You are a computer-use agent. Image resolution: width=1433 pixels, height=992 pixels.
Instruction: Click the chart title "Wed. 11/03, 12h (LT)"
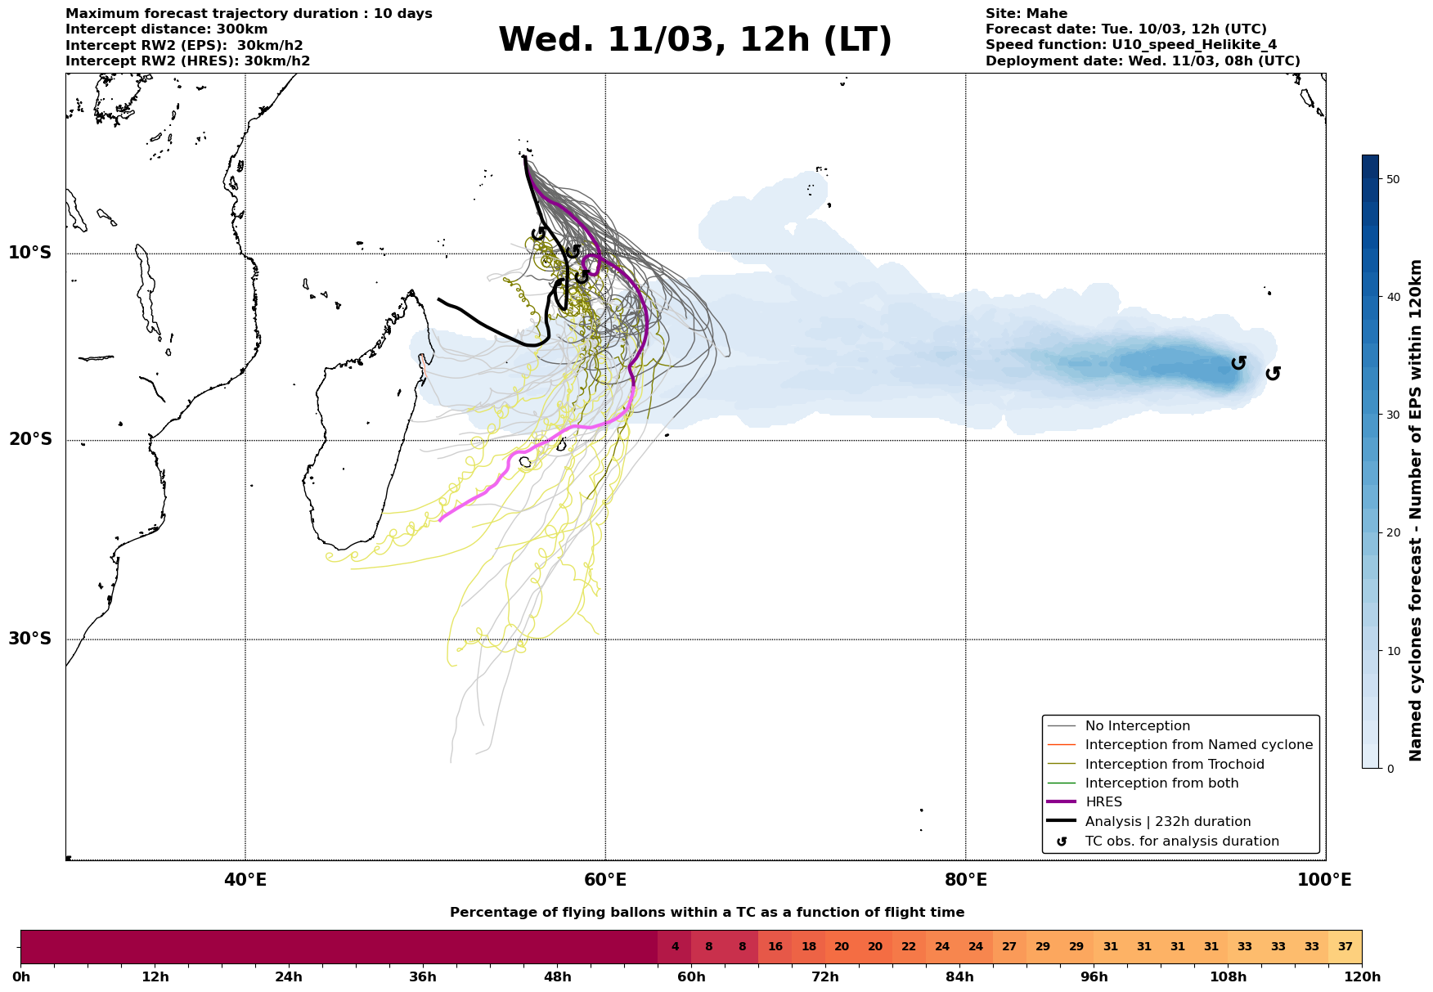694,40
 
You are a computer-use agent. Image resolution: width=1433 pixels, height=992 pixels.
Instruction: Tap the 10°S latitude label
30,253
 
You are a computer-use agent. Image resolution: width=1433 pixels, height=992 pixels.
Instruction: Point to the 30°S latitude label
30,639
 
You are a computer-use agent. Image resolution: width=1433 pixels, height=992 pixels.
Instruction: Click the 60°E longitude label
605,880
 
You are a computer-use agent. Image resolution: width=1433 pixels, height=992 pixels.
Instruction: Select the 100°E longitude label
1324,880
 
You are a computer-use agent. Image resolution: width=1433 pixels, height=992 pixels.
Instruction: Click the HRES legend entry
1103,802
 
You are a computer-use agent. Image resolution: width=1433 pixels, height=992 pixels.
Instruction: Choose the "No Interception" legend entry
1137,726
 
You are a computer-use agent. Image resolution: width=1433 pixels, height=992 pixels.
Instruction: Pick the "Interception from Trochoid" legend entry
1174,765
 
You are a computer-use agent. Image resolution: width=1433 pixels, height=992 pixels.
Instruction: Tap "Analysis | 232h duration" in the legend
1167,822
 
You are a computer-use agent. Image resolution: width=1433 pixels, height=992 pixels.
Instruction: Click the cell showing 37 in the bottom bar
1345,947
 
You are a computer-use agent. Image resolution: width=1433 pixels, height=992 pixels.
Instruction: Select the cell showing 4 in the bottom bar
675,947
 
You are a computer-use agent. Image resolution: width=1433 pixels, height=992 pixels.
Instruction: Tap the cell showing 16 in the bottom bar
775,947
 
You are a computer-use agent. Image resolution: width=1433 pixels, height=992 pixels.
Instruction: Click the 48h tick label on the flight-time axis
557,977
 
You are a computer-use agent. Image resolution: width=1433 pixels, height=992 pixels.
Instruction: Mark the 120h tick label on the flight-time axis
1361,977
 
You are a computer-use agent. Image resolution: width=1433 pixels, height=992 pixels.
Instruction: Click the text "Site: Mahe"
1026,14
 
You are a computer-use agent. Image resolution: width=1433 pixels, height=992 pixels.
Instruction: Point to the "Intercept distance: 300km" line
166,29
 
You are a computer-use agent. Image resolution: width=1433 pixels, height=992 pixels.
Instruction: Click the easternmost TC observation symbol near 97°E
1273,374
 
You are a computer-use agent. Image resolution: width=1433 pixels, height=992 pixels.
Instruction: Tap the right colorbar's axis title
1417,510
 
